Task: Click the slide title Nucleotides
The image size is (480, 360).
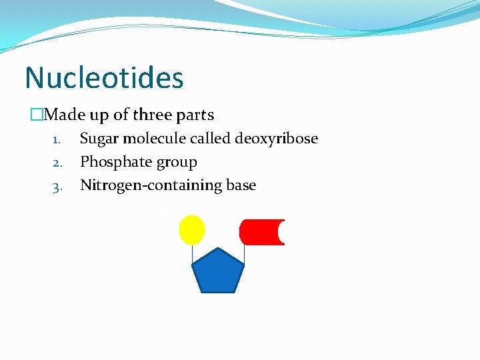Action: (103, 78)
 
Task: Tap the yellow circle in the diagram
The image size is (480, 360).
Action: (192, 230)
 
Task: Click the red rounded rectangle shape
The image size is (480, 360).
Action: (260, 232)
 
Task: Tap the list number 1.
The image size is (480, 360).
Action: (57, 140)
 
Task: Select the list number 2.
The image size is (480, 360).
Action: (57, 163)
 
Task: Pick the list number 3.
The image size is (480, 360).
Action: (57, 187)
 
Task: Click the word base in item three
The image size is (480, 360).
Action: (241, 185)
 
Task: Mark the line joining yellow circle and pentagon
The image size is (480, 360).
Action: (192, 253)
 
